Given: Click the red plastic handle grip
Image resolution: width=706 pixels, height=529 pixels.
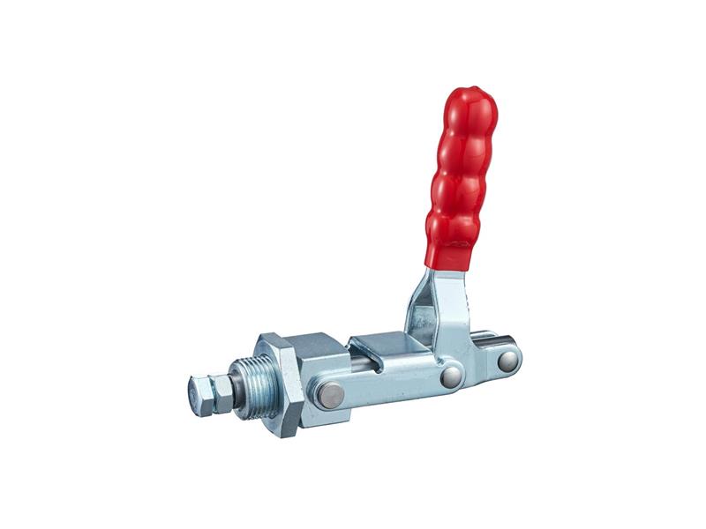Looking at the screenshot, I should coord(461,176).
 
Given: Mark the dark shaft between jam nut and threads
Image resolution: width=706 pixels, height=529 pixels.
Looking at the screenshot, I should coord(236,388).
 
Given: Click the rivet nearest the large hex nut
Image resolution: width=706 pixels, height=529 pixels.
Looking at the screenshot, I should coord(331,395).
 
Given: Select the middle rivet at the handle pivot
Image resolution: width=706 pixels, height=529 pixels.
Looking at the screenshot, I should coord(451,376).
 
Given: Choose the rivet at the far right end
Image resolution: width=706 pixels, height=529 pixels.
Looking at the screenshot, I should coord(507,360).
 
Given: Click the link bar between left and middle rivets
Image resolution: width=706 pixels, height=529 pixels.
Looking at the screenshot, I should coord(388,386).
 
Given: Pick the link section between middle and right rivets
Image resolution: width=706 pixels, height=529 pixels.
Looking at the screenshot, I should coord(481,368).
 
